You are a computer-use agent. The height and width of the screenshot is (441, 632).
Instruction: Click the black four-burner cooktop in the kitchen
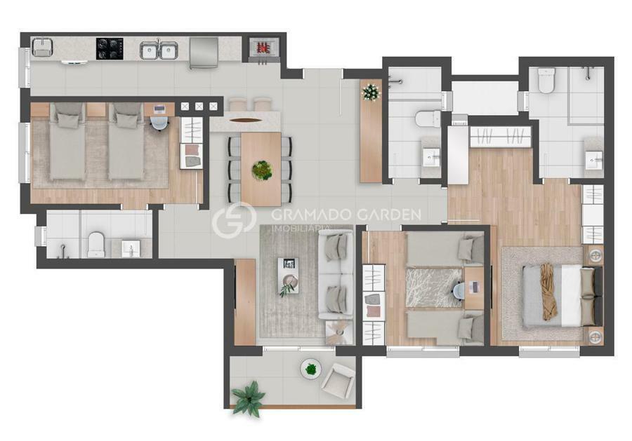(x=110, y=48)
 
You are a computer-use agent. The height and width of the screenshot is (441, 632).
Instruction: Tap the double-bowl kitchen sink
(x=157, y=50)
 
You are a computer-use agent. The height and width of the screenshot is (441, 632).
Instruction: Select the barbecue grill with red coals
(x=263, y=48)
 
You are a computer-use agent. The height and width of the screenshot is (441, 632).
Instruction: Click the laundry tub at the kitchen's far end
(x=43, y=47)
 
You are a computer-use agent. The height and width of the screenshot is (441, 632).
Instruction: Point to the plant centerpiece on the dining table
(x=262, y=170)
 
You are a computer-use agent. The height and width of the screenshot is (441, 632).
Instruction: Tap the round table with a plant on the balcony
(x=311, y=369)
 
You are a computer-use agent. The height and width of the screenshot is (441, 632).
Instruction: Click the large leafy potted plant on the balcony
(x=249, y=398)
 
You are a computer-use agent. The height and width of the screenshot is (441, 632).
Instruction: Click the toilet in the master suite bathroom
(x=546, y=80)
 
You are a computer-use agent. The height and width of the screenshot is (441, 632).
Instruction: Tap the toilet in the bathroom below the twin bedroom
(x=96, y=244)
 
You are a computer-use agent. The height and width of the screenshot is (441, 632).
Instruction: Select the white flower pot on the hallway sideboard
(x=371, y=93)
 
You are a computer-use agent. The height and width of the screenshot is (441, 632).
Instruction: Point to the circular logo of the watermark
(x=234, y=219)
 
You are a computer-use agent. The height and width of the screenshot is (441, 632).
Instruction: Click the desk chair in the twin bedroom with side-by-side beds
(x=159, y=123)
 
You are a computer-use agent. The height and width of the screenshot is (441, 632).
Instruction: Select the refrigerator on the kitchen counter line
(x=204, y=53)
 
